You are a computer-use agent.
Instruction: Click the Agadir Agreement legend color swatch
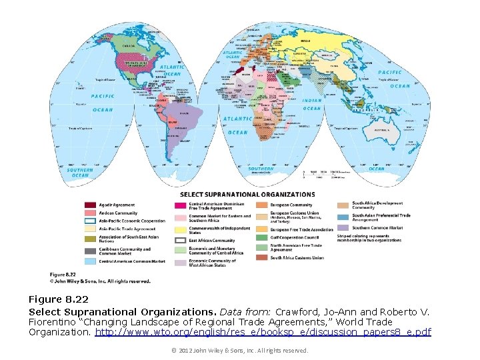point(90,205)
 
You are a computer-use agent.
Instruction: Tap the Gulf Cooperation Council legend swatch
point(261,237)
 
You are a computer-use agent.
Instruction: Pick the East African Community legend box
point(180,241)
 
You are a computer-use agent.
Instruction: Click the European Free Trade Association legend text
point(301,229)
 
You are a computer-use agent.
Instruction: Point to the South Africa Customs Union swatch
point(261,257)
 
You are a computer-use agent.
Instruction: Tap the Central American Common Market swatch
point(90,261)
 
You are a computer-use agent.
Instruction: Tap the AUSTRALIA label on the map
point(383,130)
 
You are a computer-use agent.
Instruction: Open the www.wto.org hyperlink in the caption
point(263,332)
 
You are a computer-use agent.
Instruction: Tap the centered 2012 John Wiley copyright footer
point(239,351)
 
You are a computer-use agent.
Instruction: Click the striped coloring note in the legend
point(370,238)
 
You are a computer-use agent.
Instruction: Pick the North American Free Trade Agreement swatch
point(261,247)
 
